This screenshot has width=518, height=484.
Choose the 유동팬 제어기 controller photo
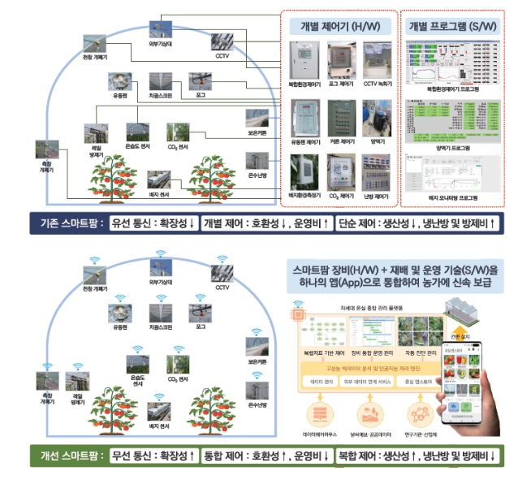[303, 119]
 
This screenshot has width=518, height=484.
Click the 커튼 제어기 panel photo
[340, 119]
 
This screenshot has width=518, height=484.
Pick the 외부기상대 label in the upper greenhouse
[159, 45]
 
